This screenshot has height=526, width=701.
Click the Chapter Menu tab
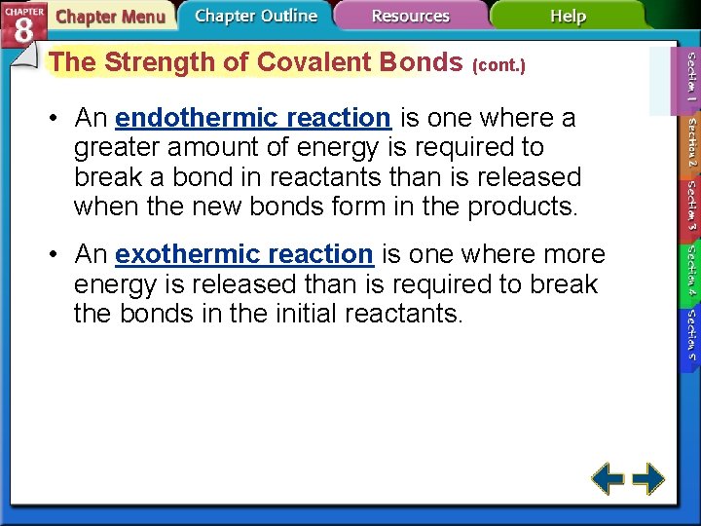tap(109, 17)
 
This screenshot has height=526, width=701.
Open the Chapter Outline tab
tap(255, 16)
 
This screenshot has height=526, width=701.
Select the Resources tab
tap(410, 16)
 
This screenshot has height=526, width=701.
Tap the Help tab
tap(568, 16)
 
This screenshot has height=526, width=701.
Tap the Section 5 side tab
tap(690, 335)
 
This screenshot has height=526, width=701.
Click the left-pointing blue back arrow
tap(609, 478)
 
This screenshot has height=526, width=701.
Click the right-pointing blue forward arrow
tap(647, 478)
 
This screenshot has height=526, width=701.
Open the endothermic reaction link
tap(252, 118)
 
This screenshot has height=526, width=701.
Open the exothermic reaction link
tap(243, 254)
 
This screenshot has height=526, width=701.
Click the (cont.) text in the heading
tap(498, 66)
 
